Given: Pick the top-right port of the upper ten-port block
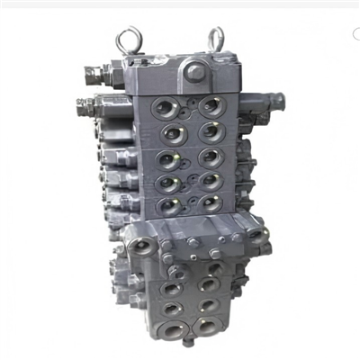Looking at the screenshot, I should pyautogui.click(x=209, y=106).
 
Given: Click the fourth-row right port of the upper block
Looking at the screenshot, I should pyautogui.click(x=210, y=181).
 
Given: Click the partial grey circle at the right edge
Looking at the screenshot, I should pyautogui.click(x=356, y=36).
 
